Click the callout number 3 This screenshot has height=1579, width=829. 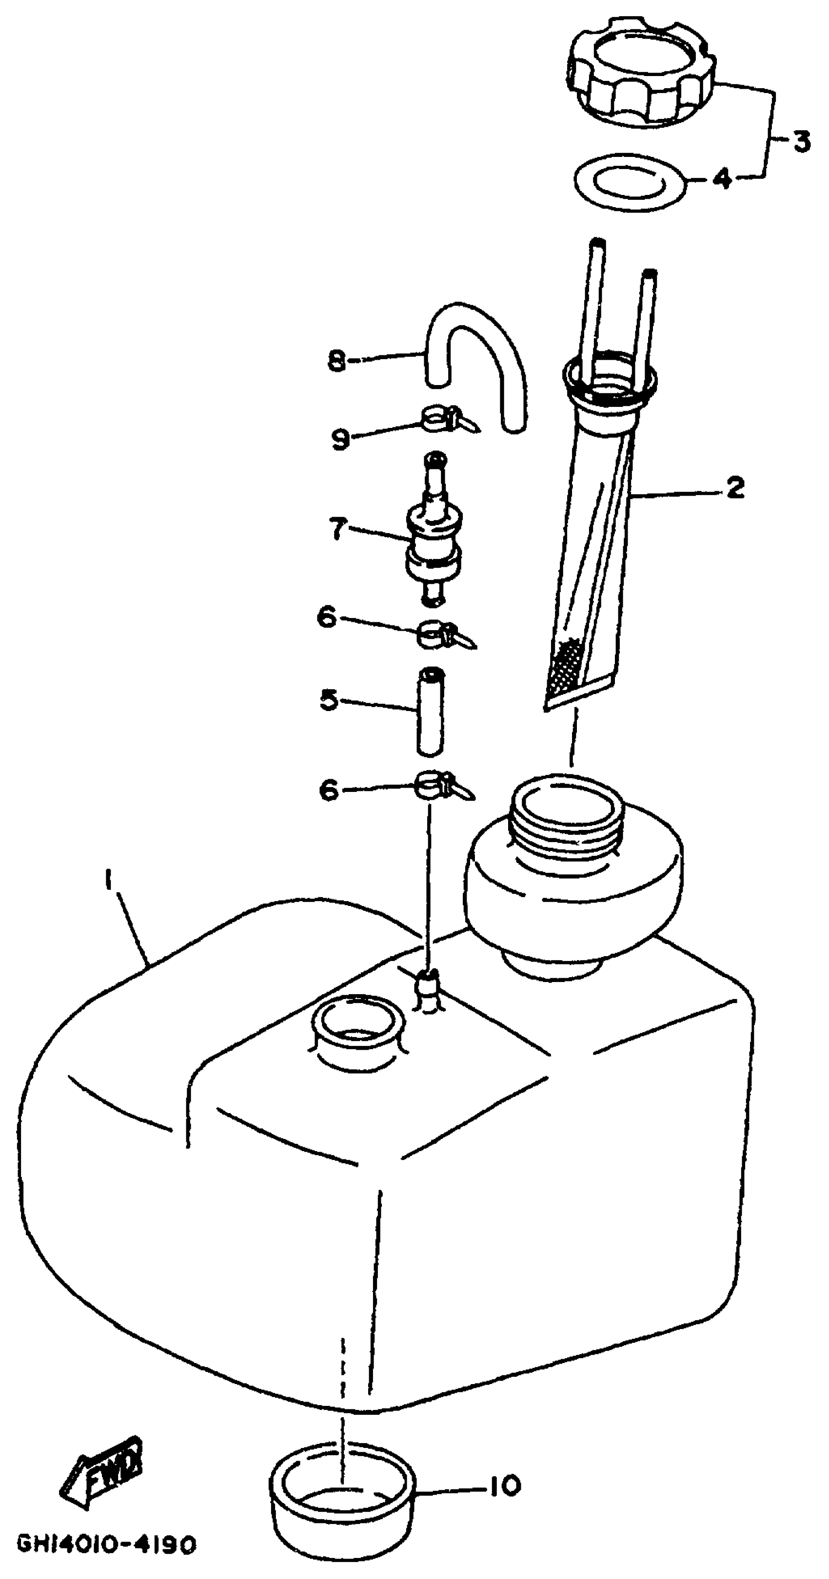point(799,142)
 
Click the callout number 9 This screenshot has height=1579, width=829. point(341,439)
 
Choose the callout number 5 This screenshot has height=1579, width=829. point(329,699)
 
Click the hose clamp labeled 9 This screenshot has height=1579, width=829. point(439,420)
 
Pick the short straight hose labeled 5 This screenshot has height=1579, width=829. point(431,712)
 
